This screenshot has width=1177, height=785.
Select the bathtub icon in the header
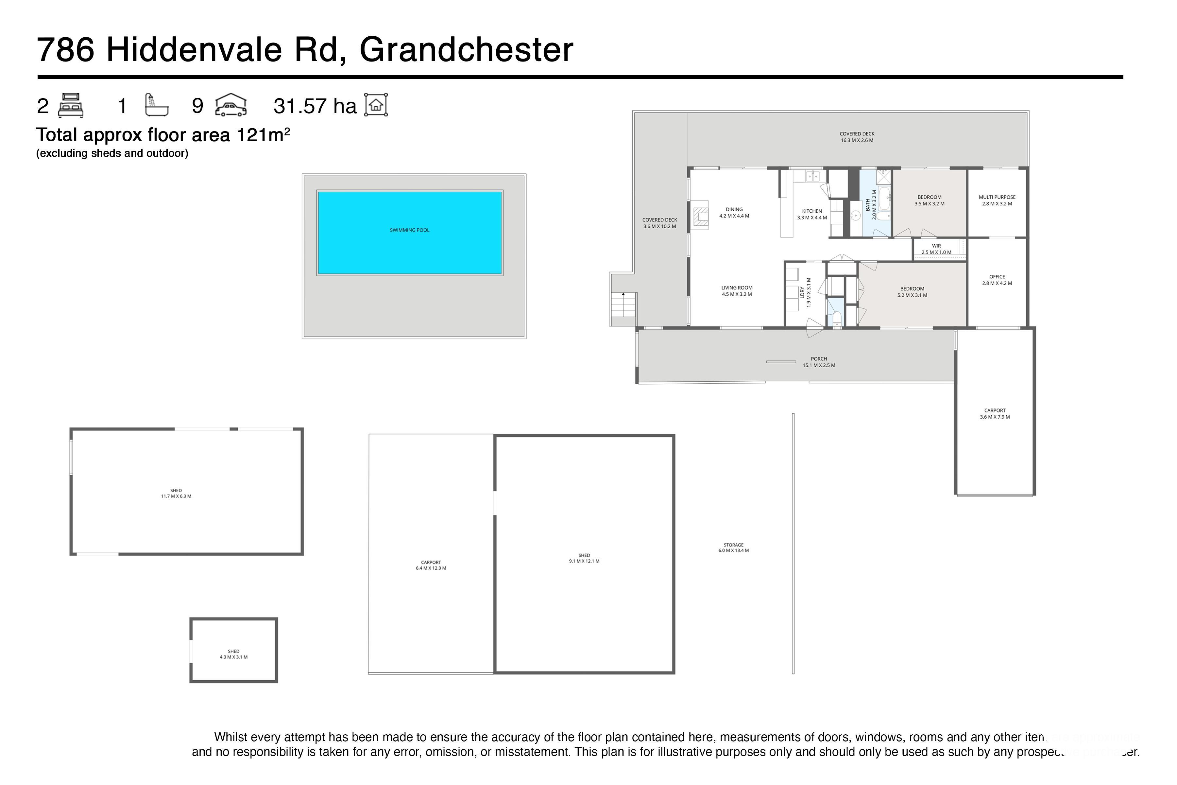[156, 105]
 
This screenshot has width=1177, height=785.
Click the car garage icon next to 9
[231, 105]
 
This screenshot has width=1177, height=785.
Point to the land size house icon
[376, 105]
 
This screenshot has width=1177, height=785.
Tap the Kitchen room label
[812, 214]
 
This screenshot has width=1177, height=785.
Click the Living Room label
[737, 291]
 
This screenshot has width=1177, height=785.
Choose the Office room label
[997, 280]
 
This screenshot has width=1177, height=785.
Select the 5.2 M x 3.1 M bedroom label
[912, 292]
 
